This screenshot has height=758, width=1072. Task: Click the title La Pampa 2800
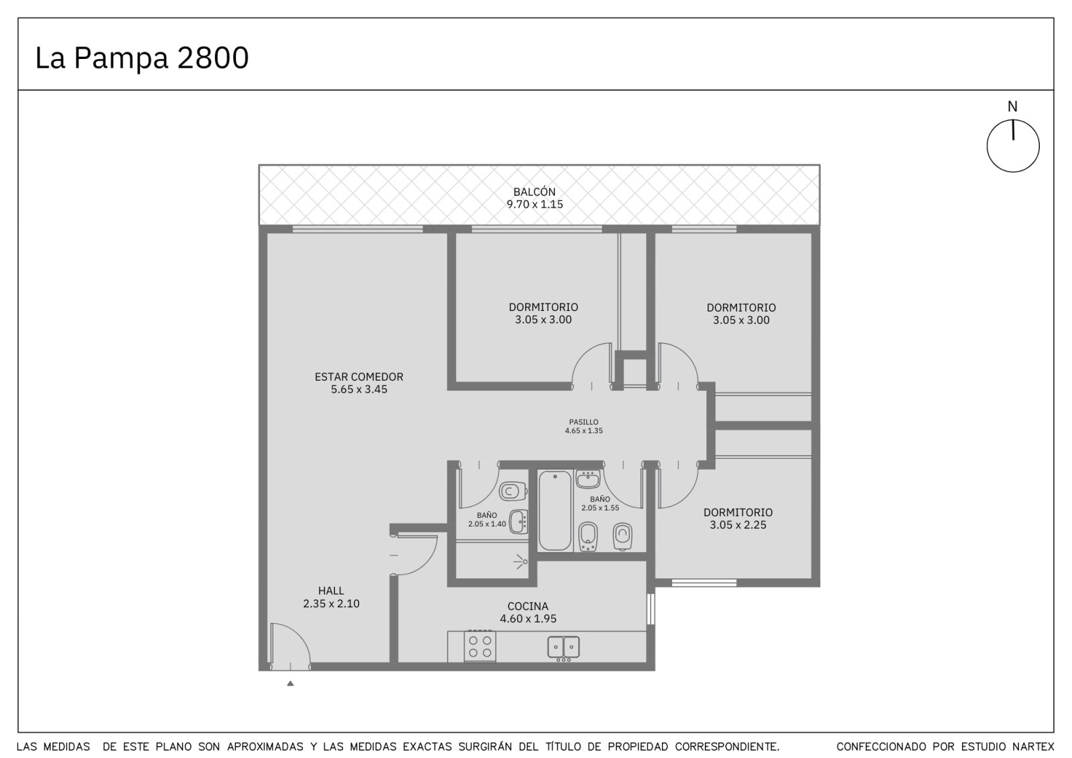tap(142, 58)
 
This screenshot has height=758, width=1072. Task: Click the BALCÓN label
tap(535, 192)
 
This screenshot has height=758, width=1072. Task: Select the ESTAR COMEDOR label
tap(359, 377)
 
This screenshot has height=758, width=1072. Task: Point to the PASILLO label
tap(584, 422)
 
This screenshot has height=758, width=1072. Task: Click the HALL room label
tap(331, 591)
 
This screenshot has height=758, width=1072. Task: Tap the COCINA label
tap(528, 607)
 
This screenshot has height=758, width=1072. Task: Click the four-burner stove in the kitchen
tap(480, 646)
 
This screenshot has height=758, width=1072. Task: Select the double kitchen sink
tap(563, 647)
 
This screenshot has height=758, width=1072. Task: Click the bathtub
tap(555, 511)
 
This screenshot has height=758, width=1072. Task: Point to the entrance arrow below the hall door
tap(290, 684)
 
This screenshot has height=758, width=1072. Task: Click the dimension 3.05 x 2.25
tap(738, 525)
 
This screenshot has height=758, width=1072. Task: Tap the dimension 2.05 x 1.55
tap(600, 508)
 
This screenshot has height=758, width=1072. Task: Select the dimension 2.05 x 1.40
tap(486, 524)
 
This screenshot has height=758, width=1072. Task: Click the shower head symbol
tap(521, 562)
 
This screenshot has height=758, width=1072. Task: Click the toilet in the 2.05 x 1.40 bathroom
tap(513, 491)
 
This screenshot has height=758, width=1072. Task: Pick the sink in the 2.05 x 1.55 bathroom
tap(588, 479)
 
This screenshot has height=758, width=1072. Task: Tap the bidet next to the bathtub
tap(588, 536)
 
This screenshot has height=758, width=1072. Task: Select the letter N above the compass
tap(1012, 107)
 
